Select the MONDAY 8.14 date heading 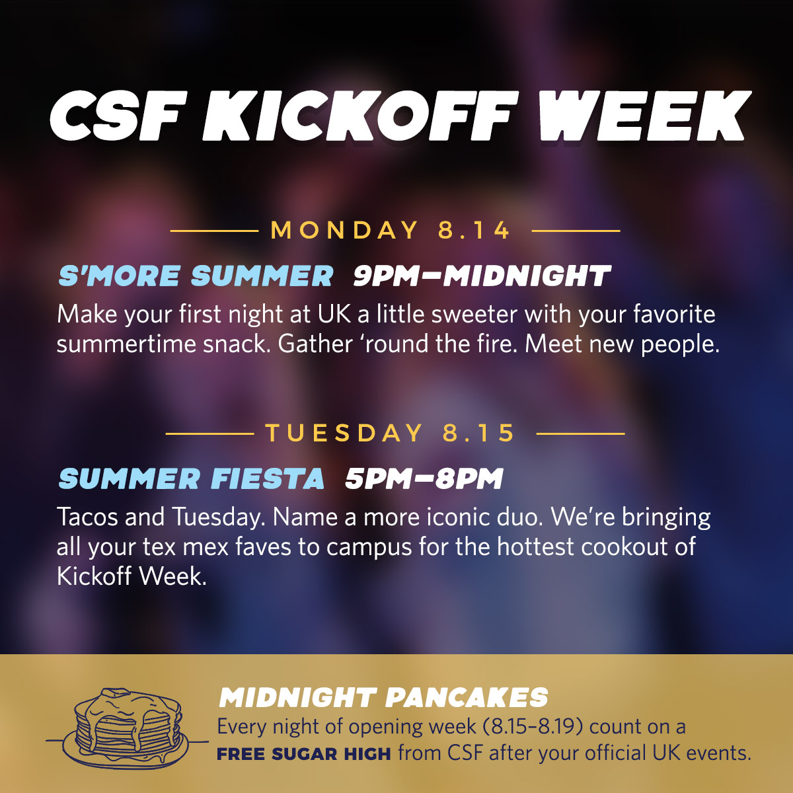(391, 230)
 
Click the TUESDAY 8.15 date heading (391, 433)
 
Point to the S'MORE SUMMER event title (196, 276)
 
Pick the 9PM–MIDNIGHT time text (482, 276)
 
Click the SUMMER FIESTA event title (192, 478)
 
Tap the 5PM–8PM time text (424, 478)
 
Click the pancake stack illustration (128, 730)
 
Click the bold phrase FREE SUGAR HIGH (304, 754)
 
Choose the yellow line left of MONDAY (214, 231)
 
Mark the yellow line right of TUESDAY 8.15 (581, 434)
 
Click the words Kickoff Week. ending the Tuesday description (132, 576)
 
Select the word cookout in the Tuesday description (624, 547)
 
